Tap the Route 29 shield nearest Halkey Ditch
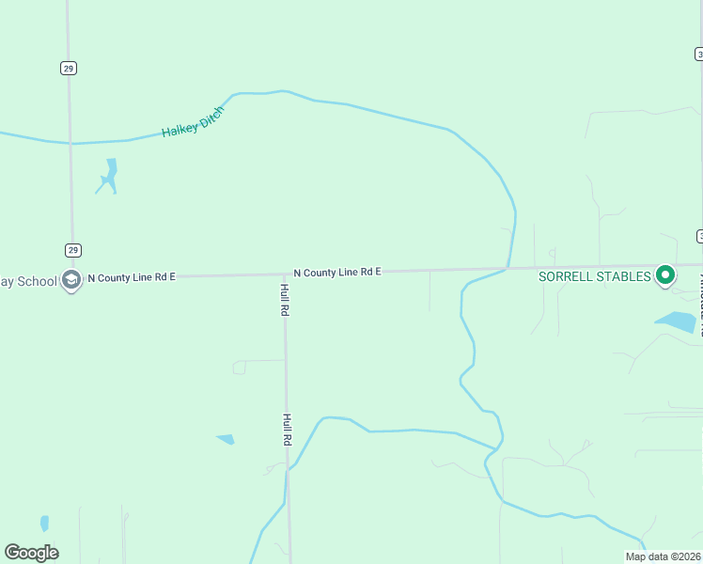(69, 68)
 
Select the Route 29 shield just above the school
(73, 250)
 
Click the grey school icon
(70, 279)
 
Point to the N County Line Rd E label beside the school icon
(132, 277)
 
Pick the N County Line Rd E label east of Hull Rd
(336, 273)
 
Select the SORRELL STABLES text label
(594, 276)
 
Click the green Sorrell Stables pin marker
(665, 275)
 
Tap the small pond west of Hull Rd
(226, 438)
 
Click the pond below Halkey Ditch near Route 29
(109, 176)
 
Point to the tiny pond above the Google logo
(44, 523)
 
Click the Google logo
(32, 553)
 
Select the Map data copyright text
(663, 556)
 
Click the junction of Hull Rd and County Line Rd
(285, 274)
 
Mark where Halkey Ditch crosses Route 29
(70, 144)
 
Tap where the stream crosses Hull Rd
(288, 468)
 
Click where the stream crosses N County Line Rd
(508, 269)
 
